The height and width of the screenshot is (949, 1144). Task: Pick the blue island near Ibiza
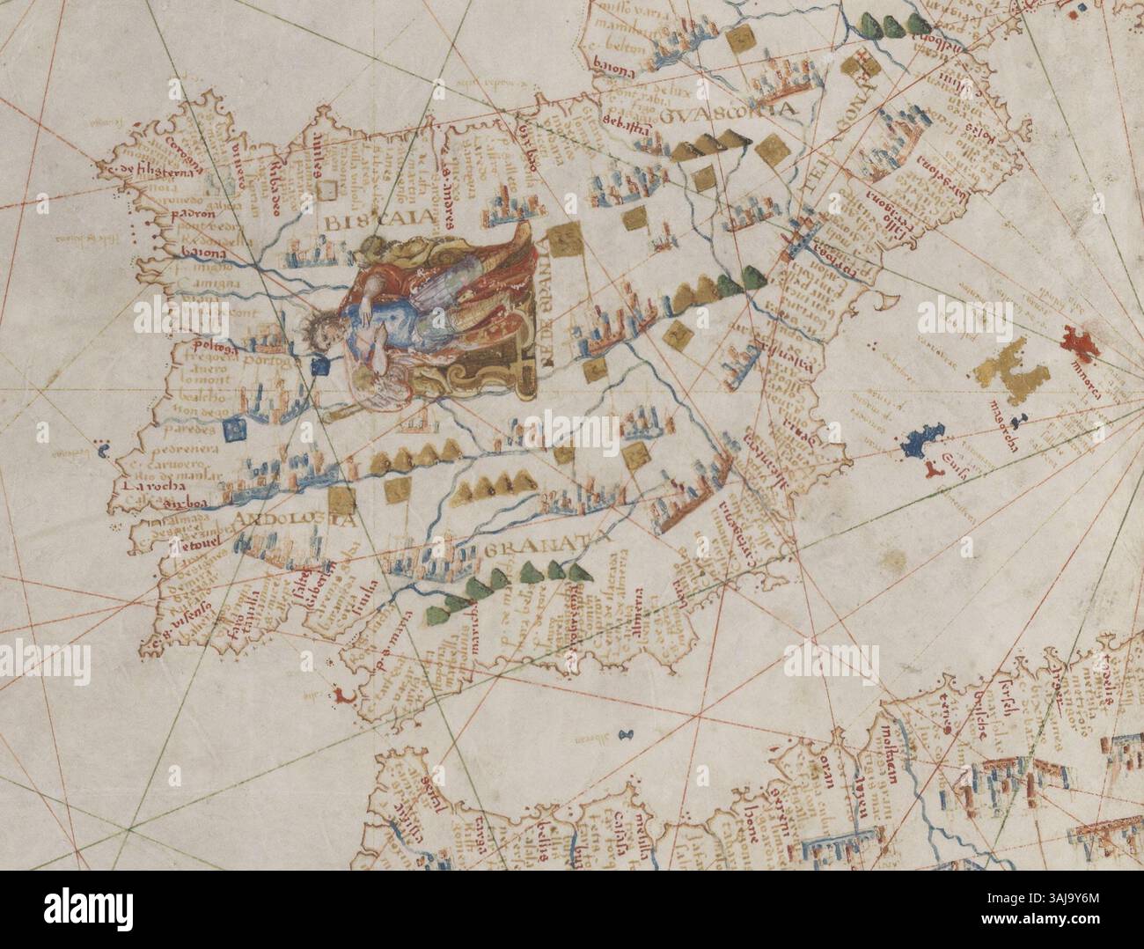tap(921, 441)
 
